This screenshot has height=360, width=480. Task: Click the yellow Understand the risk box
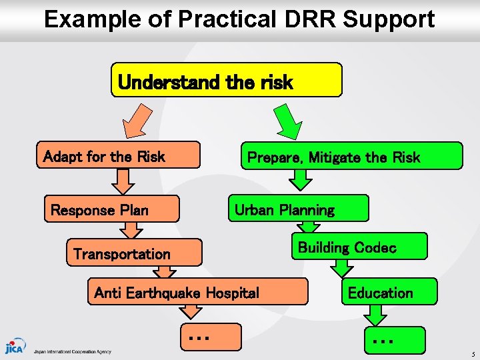pyautogui.click(x=226, y=81)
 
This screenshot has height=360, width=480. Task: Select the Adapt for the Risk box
pyautogui.click(x=118, y=155)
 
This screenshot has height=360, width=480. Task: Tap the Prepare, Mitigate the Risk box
pyautogui.click(x=351, y=156)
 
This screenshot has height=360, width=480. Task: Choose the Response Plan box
pyautogui.click(x=112, y=209)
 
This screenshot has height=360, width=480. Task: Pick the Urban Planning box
pyautogui.click(x=298, y=209)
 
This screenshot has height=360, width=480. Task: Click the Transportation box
pyautogui.click(x=133, y=253)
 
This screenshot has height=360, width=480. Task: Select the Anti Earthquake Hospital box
pyautogui.click(x=197, y=292)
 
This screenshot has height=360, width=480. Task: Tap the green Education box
pyautogui.click(x=389, y=292)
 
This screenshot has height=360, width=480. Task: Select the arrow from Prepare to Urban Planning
pyautogui.click(x=301, y=179)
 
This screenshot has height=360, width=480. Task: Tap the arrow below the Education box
pyautogui.click(x=377, y=315)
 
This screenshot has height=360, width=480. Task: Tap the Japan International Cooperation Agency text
pyautogui.click(x=73, y=351)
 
